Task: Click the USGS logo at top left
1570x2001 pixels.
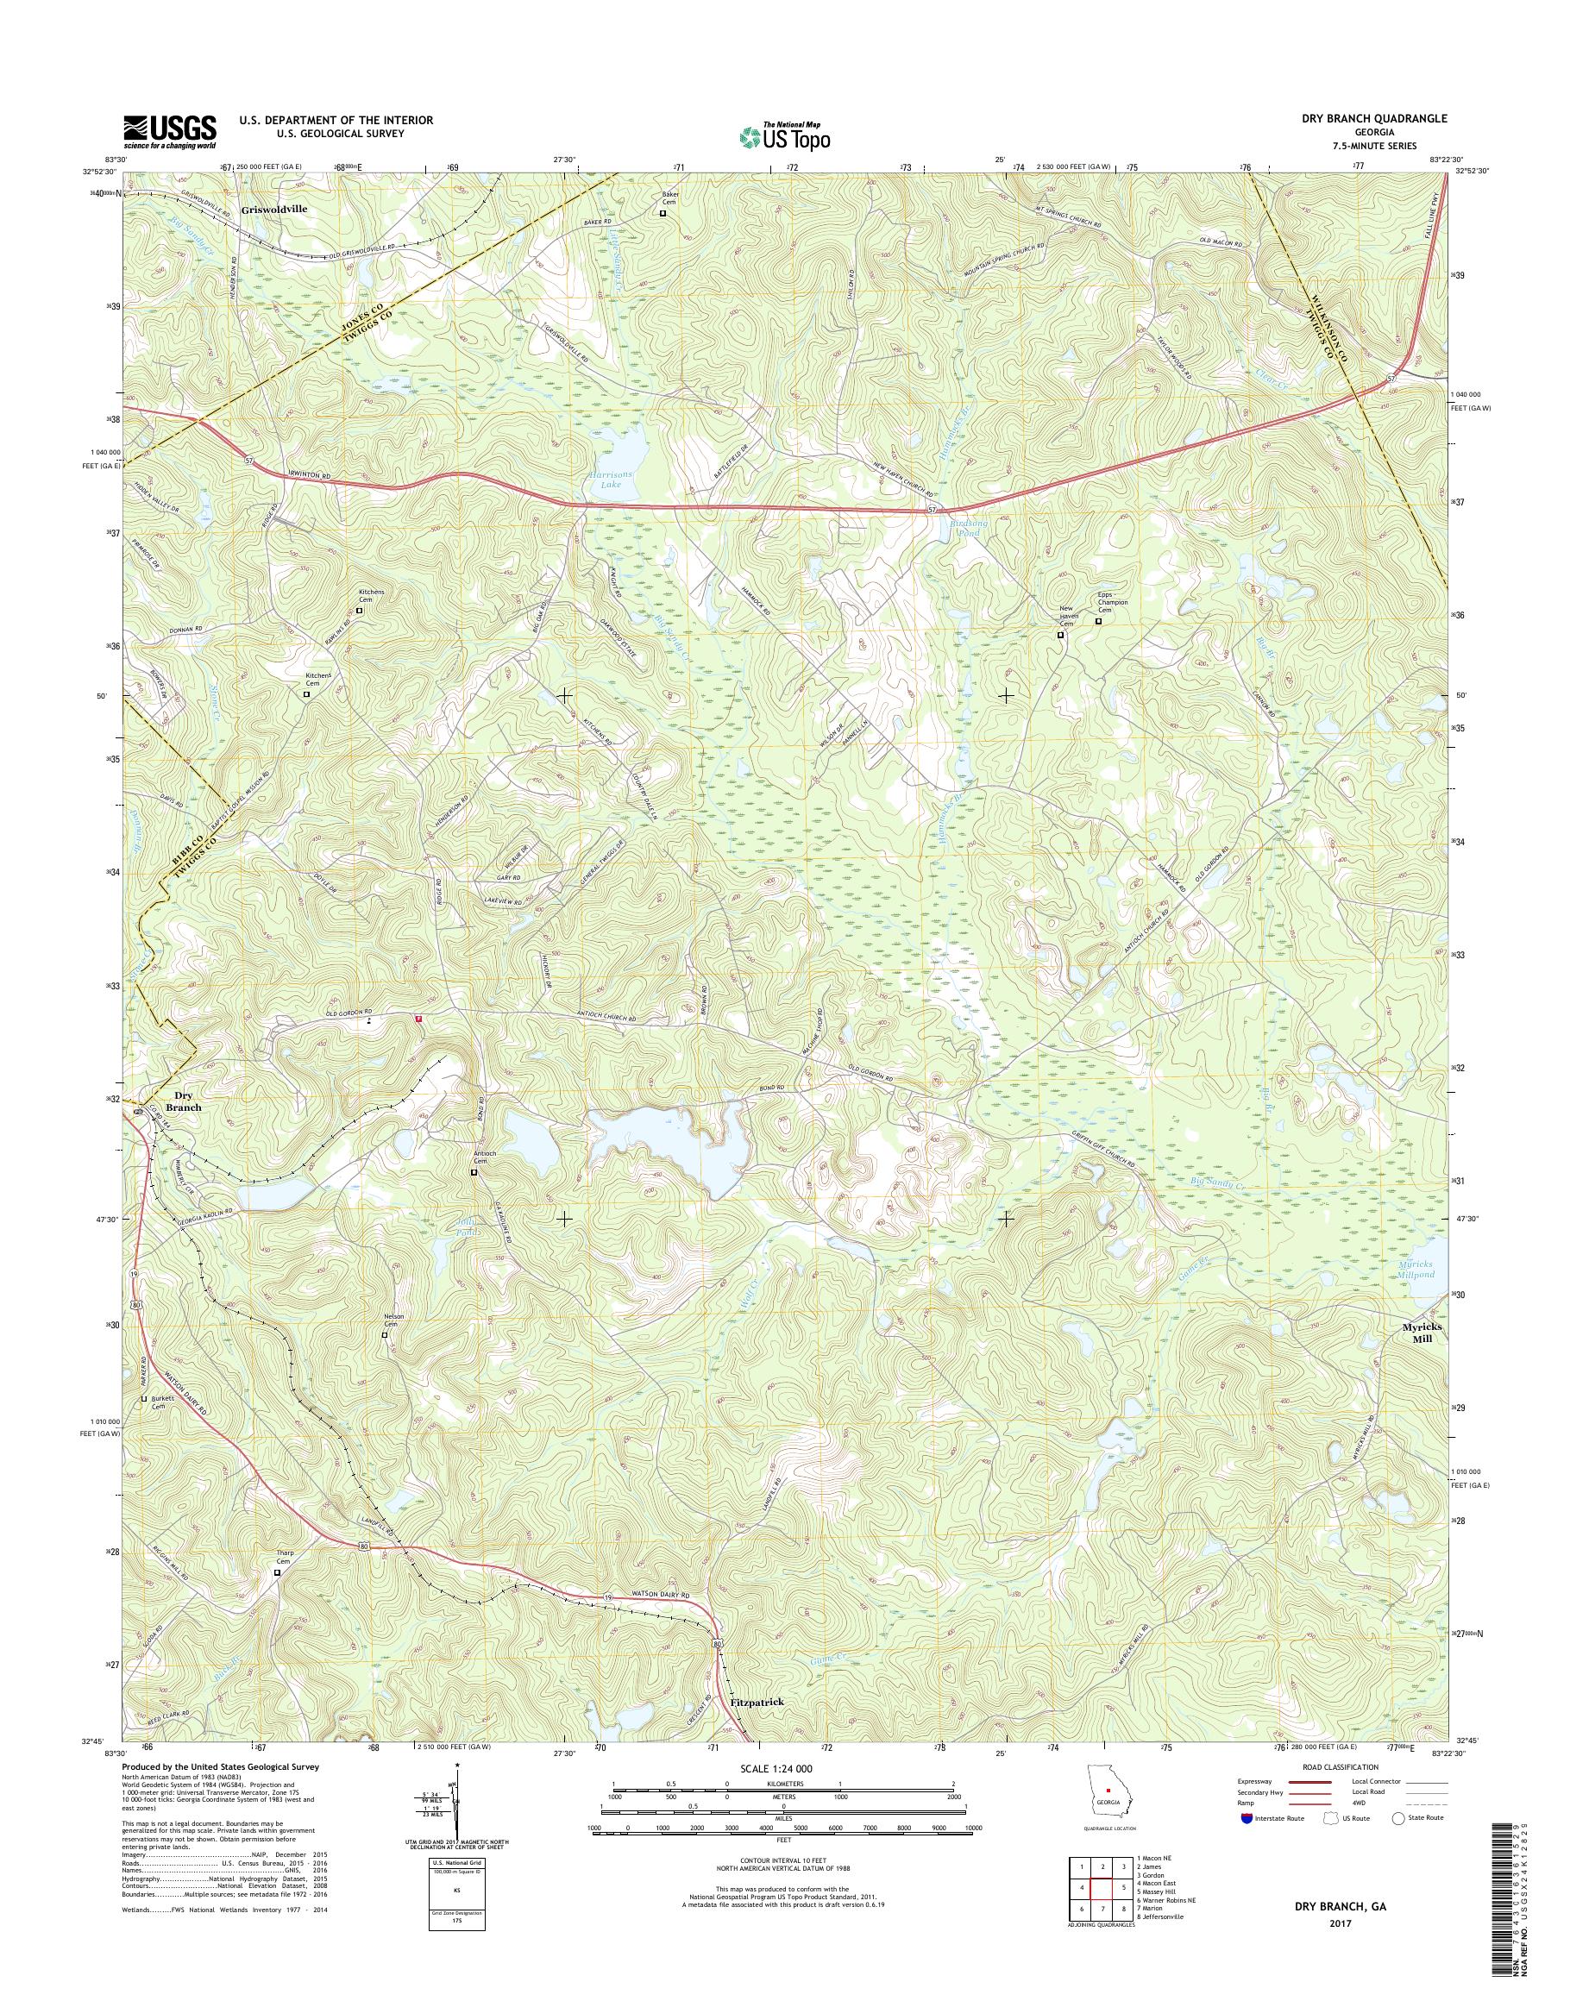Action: (170, 132)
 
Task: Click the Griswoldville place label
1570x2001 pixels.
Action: (274, 210)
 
